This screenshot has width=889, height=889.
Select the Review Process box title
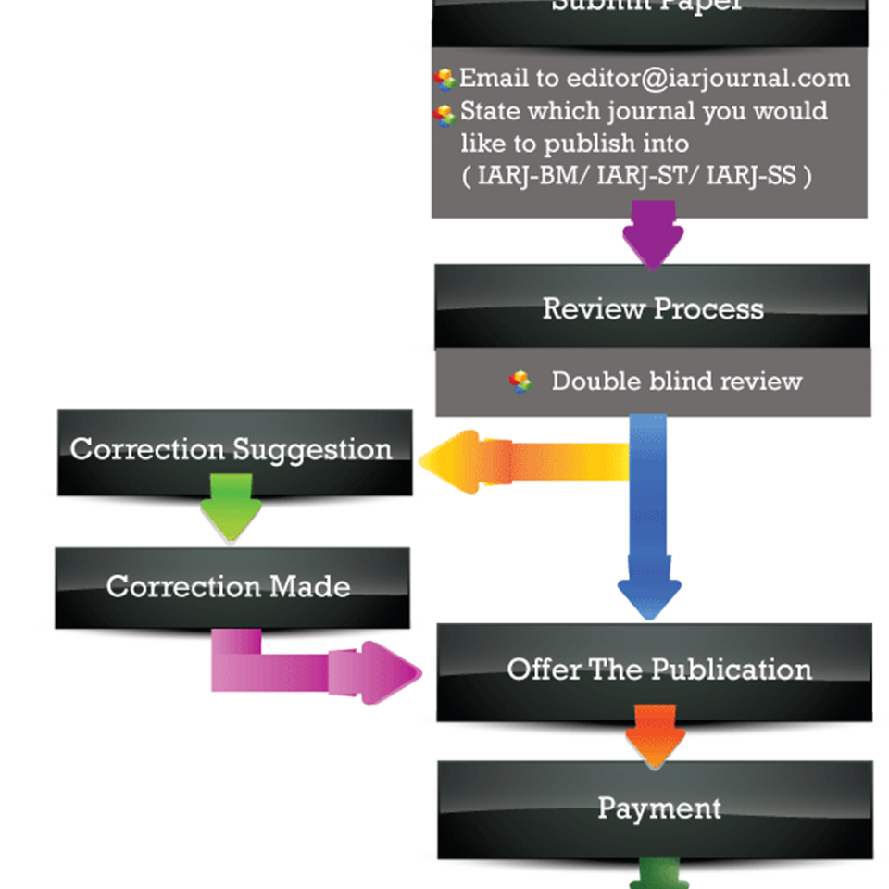point(653,308)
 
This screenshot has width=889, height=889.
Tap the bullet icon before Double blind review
point(521,381)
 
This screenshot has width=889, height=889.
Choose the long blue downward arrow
point(649,519)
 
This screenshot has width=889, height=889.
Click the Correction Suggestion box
point(232,449)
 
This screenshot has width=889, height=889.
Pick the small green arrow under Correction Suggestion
point(231,506)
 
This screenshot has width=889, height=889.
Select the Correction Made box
point(229,586)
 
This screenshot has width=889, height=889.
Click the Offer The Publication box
point(658,670)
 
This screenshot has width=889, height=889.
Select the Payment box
point(658,808)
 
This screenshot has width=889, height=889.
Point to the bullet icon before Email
point(445,79)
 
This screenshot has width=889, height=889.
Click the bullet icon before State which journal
point(445,113)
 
